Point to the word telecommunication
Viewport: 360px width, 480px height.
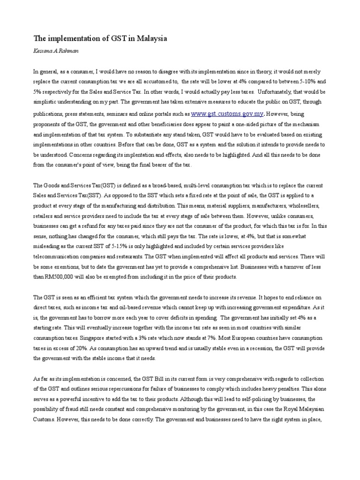(x=56, y=256)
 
